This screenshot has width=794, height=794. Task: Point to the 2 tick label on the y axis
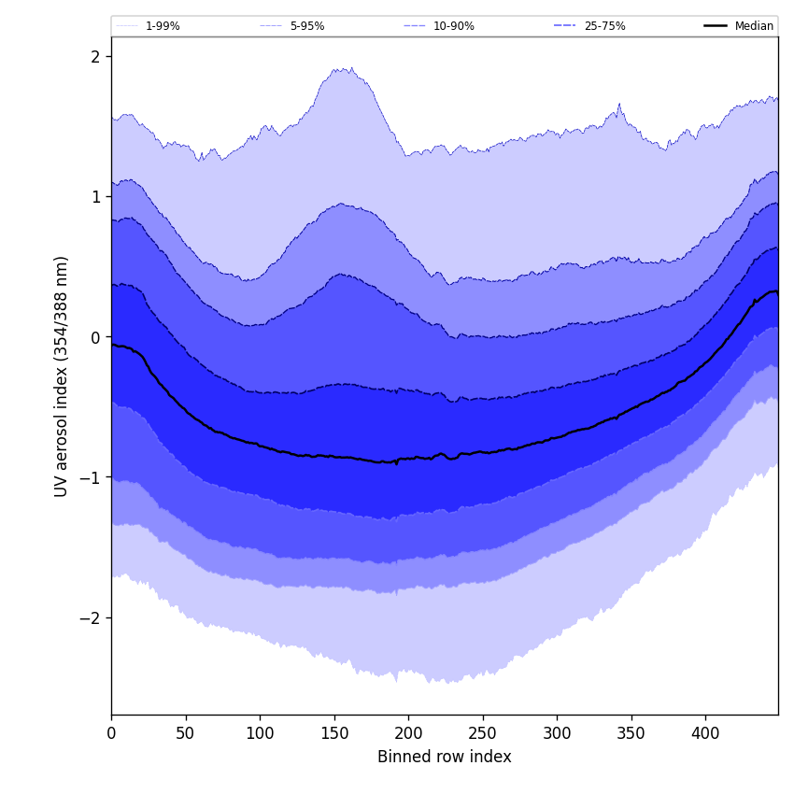pos(95,57)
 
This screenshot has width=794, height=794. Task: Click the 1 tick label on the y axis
pos(95,197)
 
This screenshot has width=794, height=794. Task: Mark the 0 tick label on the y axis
pos(95,337)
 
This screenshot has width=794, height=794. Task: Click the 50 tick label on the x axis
pos(186,733)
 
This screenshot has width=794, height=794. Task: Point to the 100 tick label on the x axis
pos(260,733)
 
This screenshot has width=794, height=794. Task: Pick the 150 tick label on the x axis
pos(334,733)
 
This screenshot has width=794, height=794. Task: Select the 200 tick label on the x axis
pos(408,733)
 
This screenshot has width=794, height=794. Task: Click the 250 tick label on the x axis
pos(483,733)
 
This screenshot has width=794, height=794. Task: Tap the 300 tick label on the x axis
pos(557,733)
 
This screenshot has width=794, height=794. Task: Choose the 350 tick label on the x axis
pos(631,733)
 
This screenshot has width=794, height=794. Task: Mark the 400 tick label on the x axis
pos(705,733)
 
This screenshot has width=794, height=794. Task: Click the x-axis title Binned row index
pos(445,758)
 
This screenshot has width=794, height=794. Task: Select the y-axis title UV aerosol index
pos(62,376)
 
